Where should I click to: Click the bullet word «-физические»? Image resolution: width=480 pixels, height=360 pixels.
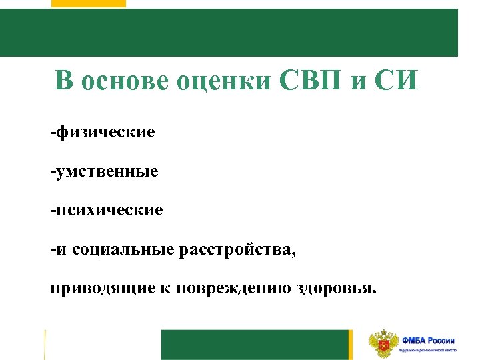point(102,131)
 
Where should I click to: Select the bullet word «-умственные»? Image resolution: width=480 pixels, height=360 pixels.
point(104,171)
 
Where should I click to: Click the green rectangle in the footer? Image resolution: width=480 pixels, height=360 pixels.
point(255,344)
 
